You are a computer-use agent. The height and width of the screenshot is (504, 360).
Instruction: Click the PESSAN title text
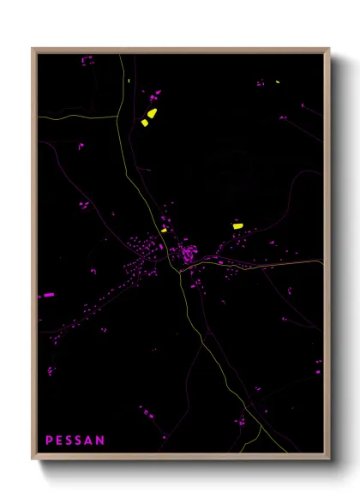click(x=75, y=441)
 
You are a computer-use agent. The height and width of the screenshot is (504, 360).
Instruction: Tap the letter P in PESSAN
click(x=49, y=441)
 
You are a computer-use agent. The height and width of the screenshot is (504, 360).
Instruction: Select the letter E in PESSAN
click(x=59, y=441)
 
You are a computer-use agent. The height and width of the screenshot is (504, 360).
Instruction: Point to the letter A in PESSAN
click(x=90, y=441)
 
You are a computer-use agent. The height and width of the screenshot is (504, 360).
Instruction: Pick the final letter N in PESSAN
click(x=100, y=441)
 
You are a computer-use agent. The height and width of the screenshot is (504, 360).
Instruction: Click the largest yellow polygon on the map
click(x=152, y=112)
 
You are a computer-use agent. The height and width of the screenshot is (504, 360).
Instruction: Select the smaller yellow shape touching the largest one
click(x=145, y=123)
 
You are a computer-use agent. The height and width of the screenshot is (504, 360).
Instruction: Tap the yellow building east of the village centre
click(x=237, y=225)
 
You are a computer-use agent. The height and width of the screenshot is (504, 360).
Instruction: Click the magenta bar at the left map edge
click(x=49, y=295)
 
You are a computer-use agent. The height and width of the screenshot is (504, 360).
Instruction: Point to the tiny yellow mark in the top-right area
click(x=277, y=82)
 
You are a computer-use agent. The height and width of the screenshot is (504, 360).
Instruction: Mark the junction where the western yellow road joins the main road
click(x=118, y=115)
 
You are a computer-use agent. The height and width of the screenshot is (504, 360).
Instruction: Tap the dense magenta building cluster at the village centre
click(x=187, y=254)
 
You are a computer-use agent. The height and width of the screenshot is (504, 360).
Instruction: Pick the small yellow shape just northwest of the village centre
click(x=163, y=230)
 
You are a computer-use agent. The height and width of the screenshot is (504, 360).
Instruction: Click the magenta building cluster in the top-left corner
click(x=87, y=61)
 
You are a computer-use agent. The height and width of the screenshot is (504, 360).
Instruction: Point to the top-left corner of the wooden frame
click(x=33, y=49)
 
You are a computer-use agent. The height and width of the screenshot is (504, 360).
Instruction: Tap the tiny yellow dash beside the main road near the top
click(x=128, y=81)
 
